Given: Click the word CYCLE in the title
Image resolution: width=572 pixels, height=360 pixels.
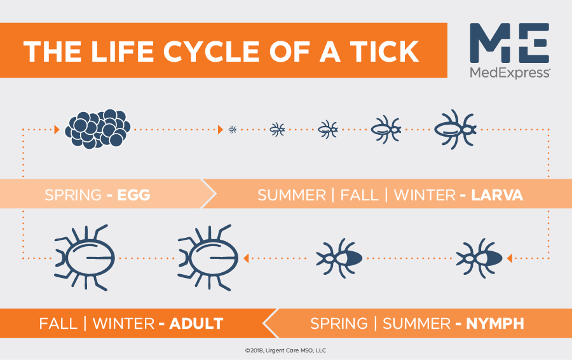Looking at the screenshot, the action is click(x=211, y=51).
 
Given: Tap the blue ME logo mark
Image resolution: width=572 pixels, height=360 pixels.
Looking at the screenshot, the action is click(x=509, y=43).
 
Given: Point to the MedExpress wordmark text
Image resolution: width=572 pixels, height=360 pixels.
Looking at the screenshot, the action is click(x=510, y=73).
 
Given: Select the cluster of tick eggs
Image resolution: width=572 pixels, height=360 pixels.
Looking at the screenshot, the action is click(x=98, y=129).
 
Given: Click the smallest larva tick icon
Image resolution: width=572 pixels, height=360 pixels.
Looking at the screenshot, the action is click(x=233, y=129).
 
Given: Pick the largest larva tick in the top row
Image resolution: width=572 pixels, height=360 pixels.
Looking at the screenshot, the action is click(x=455, y=129).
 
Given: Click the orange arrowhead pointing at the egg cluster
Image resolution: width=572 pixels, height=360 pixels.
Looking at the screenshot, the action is click(x=57, y=129).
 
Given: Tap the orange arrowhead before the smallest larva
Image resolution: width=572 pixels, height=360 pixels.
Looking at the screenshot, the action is click(x=221, y=129).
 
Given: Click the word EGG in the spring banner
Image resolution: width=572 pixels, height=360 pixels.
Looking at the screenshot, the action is click(x=133, y=195).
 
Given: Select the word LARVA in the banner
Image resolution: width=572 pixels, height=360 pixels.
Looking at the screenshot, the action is click(x=497, y=195).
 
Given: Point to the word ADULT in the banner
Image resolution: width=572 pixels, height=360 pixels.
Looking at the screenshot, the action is click(x=196, y=324).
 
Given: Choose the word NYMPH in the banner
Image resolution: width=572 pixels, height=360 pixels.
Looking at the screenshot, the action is click(x=495, y=324).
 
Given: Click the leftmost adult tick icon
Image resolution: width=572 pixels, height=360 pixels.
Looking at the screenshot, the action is click(x=85, y=258).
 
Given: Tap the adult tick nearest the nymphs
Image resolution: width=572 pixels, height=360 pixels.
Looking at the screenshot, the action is click(x=208, y=258).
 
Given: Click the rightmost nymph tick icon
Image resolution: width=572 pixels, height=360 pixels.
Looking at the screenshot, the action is click(x=479, y=258).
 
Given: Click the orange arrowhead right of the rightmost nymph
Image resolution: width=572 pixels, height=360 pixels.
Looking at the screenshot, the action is click(x=510, y=258).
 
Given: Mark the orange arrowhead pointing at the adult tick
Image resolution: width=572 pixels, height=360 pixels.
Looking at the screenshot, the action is click(x=246, y=258).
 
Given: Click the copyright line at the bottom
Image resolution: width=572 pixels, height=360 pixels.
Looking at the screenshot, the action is click(x=285, y=350).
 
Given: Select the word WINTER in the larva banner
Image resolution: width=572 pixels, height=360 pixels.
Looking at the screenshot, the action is click(x=425, y=195).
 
